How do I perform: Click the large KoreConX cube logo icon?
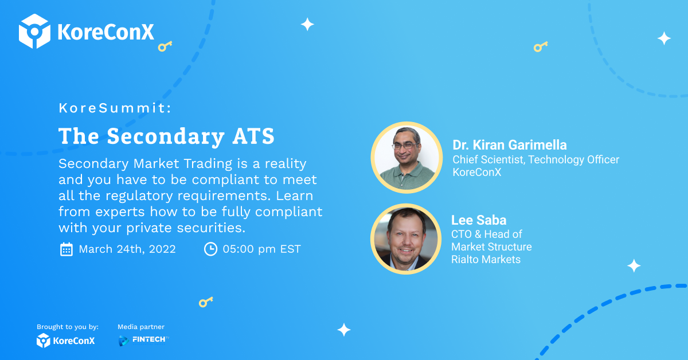click(x=34, y=31)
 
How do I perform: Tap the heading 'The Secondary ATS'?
click(x=166, y=136)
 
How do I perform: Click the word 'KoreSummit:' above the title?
click(x=115, y=108)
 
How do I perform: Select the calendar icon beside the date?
click(x=66, y=249)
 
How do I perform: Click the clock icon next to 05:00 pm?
click(x=211, y=249)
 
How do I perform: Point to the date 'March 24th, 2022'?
click(x=127, y=249)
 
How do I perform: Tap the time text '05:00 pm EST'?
click(x=261, y=249)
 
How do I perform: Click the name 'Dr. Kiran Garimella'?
click(x=510, y=145)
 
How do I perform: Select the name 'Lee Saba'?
click(x=479, y=220)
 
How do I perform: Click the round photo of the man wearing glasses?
click(x=406, y=158)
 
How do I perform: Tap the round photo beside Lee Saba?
click(x=406, y=239)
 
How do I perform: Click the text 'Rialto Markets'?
click(x=486, y=260)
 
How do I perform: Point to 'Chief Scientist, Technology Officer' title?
click(x=535, y=160)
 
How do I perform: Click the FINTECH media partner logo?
click(x=143, y=341)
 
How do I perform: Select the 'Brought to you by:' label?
click(x=68, y=327)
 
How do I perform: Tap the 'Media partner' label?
click(x=141, y=327)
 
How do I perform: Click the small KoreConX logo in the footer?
click(x=65, y=341)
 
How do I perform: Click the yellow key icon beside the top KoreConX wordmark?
click(x=165, y=46)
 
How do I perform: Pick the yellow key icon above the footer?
click(x=206, y=302)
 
